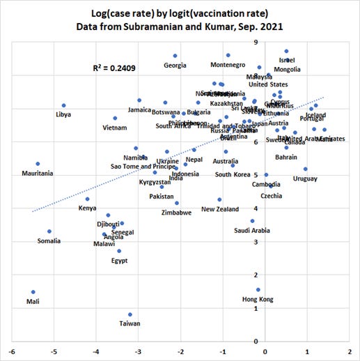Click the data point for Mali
33,292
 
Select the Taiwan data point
130,314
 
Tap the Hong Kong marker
258,290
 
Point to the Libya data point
63,106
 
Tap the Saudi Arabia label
251,230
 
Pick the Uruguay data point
306,169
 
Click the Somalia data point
49,231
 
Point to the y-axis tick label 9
256,43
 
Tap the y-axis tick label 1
256,309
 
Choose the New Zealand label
220,209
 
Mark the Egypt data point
119,251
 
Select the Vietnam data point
115,118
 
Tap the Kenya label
87,208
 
